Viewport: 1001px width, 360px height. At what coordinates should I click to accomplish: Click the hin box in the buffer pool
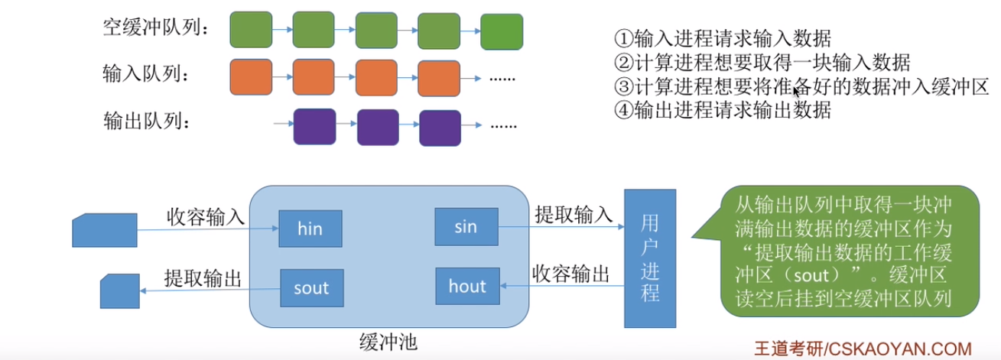310,228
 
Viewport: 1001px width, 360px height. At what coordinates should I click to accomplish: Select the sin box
466,226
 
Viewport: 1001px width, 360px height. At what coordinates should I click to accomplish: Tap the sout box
310,287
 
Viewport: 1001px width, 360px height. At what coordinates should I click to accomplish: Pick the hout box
466,287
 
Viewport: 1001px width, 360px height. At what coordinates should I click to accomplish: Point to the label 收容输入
206,216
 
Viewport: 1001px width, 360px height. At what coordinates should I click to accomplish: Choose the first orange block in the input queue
251,76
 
